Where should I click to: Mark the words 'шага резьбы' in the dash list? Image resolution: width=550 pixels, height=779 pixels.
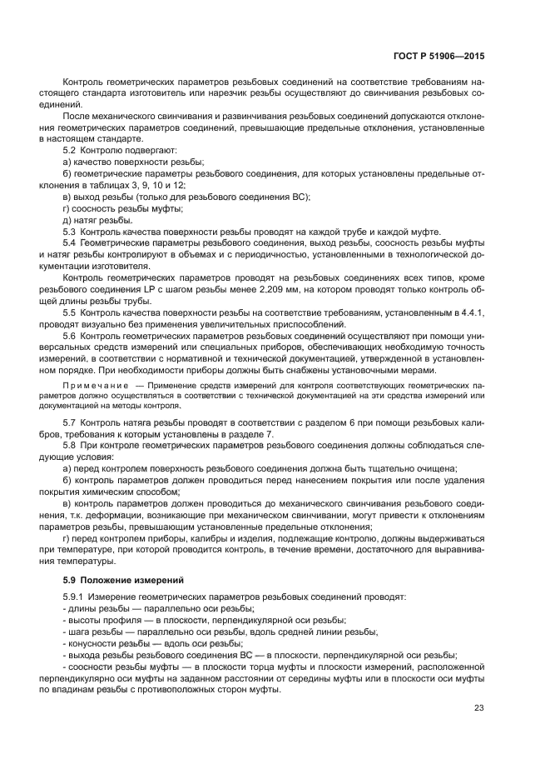point(100,632)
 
